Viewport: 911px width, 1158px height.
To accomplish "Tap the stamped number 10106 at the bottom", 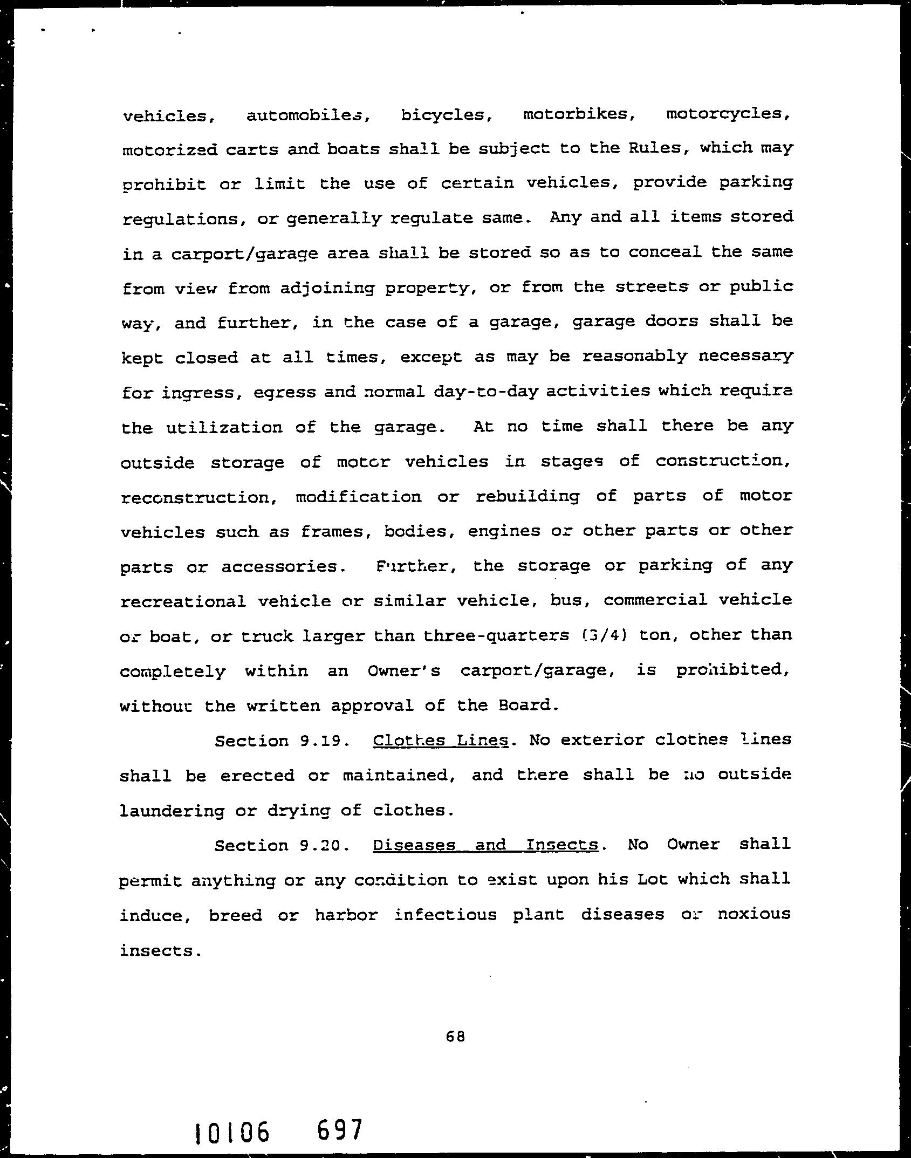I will point(232,1133).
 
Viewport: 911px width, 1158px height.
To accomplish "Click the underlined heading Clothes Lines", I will point(441,740).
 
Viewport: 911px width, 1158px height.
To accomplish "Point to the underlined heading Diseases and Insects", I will point(485,845).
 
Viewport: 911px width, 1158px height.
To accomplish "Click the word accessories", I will point(283,567).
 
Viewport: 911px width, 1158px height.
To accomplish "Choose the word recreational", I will point(183,601).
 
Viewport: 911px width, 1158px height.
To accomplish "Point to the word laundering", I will point(172,811).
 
